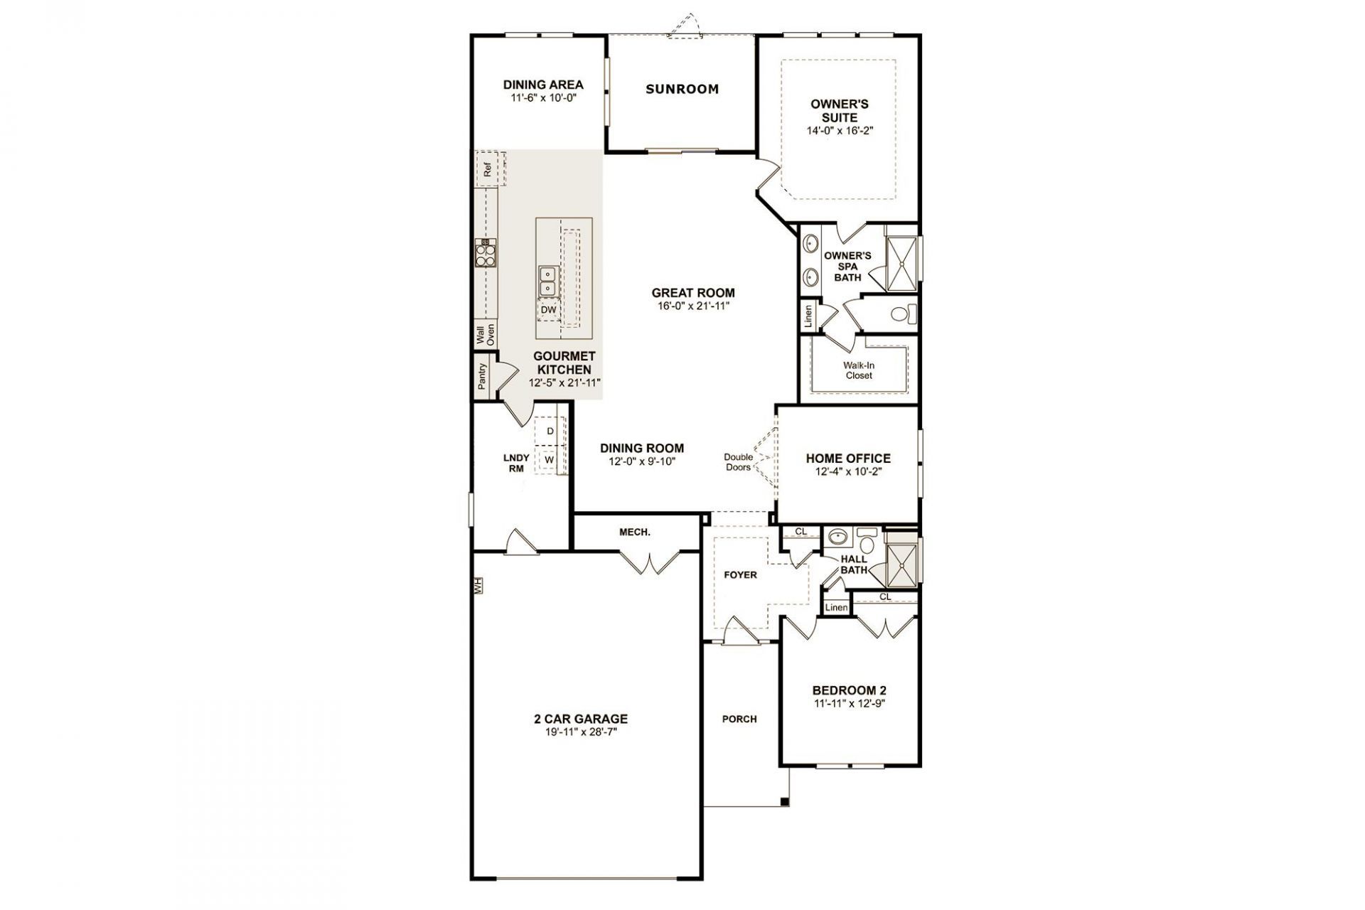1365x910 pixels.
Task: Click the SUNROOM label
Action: click(682, 89)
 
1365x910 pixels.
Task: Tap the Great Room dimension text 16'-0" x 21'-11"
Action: click(693, 306)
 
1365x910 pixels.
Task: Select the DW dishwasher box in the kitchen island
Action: click(548, 310)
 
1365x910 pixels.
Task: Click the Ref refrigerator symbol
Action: click(488, 169)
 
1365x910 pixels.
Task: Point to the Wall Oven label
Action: click(485, 335)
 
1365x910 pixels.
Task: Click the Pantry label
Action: click(482, 376)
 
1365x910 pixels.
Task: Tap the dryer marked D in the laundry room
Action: click(550, 431)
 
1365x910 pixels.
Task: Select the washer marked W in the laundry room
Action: click(550, 460)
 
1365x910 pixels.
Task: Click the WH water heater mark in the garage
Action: click(478, 585)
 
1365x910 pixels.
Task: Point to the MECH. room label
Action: click(634, 532)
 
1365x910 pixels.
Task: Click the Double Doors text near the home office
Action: click(738, 462)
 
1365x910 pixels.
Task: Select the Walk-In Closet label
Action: click(859, 370)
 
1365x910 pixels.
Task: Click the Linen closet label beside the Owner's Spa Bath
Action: click(808, 316)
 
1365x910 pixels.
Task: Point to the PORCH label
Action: click(739, 719)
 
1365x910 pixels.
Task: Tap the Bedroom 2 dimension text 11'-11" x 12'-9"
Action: click(850, 703)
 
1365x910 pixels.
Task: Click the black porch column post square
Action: click(785, 802)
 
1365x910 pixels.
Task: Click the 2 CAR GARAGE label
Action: click(582, 719)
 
